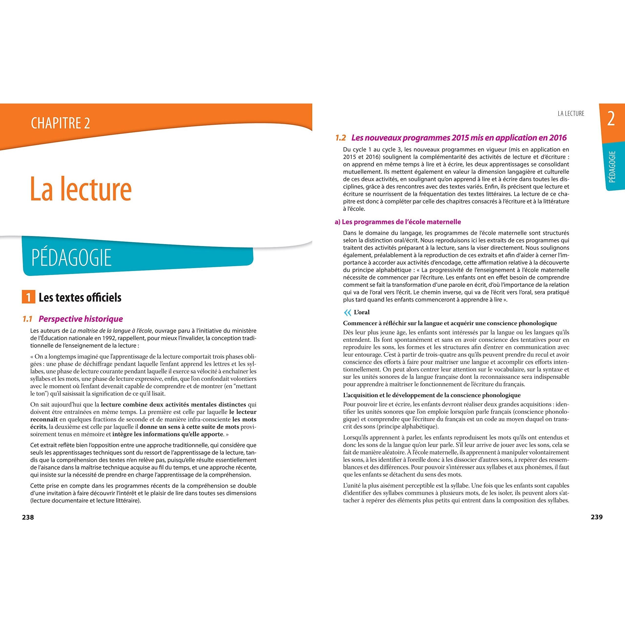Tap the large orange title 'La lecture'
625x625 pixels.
tap(81, 189)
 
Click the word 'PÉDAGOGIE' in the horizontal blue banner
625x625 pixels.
tap(71, 258)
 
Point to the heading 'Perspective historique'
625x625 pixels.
tap(81, 319)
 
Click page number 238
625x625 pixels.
tap(28, 517)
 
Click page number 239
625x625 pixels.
tap(596, 517)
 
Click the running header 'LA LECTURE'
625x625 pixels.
tap(571, 114)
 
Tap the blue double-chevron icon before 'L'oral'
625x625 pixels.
tap(347, 312)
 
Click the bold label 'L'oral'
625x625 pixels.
tap(362, 312)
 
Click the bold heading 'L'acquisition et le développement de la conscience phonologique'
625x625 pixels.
tap(432, 395)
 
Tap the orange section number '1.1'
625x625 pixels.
tap(28, 319)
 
